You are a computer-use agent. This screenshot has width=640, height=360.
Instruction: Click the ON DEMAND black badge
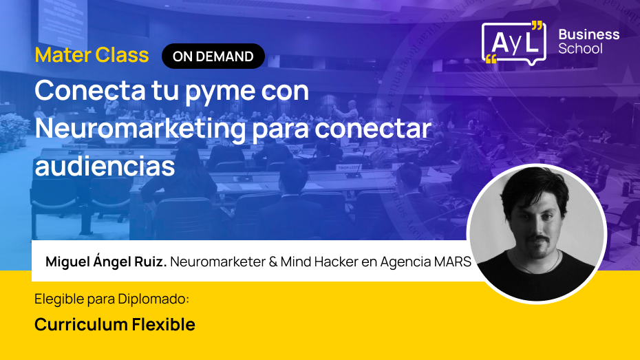click(213, 56)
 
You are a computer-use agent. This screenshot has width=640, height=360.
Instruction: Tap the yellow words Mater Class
click(92, 55)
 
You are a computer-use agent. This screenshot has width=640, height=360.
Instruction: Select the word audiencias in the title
click(105, 166)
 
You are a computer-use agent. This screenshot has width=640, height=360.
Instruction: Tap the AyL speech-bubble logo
click(513, 43)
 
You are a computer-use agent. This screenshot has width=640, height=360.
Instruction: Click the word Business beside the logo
click(588, 34)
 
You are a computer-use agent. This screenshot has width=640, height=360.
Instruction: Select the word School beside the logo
click(580, 49)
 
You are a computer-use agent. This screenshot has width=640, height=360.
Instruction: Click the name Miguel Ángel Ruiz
click(106, 262)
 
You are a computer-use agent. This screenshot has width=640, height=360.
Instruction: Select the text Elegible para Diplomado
click(111, 299)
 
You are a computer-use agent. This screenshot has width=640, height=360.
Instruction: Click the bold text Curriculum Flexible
click(115, 324)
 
